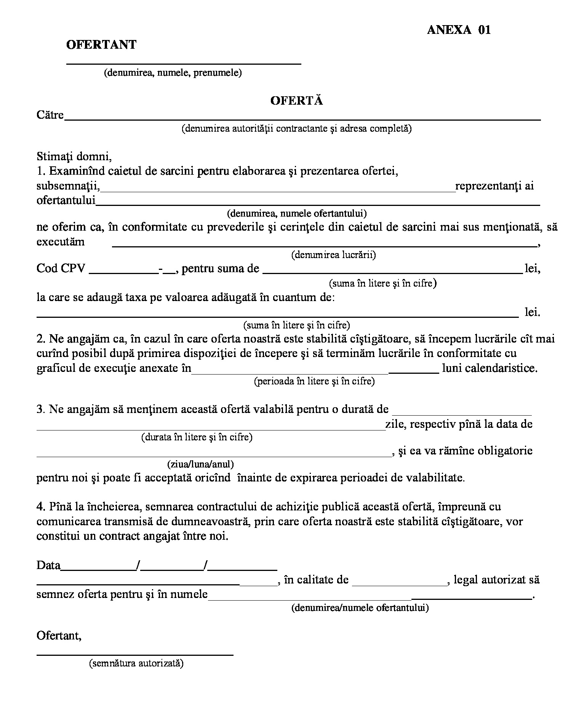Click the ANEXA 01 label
coord(459,30)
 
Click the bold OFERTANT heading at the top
coord(101,45)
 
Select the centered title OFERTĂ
coord(296,100)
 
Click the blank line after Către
coord(302,117)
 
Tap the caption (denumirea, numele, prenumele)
coord(173,72)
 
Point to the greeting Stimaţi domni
coord(74,156)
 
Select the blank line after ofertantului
coord(318,202)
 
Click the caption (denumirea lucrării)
coord(333,255)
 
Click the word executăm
coord(61,242)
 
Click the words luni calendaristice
coord(490,368)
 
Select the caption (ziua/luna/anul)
coord(200,464)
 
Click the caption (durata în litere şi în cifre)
coord(197,437)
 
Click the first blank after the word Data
coord(99,568)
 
